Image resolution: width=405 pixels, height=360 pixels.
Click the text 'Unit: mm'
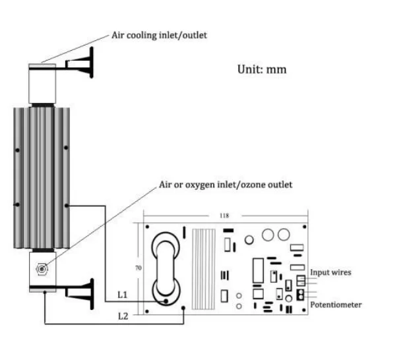(262, 69)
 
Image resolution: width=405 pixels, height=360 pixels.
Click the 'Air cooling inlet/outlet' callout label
(159, 35)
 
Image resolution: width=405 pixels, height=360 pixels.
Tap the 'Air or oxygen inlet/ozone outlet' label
(226, 185)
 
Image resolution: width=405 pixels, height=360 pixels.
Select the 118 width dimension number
(224, 216)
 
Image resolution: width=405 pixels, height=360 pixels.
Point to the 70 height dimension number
(139, 268)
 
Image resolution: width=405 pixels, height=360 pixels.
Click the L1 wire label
(123, 295)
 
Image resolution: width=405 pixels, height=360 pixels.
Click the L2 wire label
(123, 316)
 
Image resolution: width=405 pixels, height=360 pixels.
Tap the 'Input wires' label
(330, 272)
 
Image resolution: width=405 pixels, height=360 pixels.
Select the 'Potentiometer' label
(336, 305)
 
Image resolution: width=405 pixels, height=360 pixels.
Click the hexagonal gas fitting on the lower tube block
(42, 269)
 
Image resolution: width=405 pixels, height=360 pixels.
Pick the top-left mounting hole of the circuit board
(147, 227)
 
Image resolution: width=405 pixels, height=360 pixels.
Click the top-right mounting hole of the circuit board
(304, 227)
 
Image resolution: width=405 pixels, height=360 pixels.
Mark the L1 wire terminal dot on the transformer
(166, 301)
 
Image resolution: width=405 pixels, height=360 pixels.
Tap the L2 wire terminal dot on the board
(183, 308)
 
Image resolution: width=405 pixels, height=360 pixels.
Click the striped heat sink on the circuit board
(204, 269)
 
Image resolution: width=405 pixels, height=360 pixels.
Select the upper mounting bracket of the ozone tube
(79, 63)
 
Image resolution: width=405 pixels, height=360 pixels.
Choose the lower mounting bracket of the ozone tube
(79, 294)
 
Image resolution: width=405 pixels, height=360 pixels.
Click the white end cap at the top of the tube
(42, 84)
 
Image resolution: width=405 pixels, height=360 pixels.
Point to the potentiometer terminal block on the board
(300, 295)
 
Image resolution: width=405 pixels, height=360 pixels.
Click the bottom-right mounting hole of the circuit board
(304, 310)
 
